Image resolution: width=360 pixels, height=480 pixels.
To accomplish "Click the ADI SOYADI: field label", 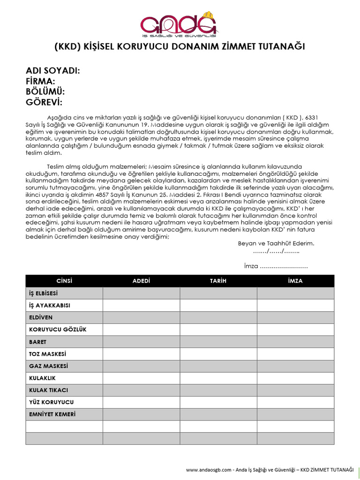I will point(52,71).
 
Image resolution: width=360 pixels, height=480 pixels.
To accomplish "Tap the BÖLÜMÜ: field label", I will point(45,92).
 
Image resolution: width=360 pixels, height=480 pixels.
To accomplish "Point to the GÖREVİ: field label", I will point(44,103).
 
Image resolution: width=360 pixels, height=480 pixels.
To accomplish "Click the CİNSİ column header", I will point(64,281).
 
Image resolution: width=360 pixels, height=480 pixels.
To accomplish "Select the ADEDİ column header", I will point(141,281).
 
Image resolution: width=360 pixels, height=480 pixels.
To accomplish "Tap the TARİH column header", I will point(218,281).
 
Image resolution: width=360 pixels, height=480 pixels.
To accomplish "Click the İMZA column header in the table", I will point(295,281).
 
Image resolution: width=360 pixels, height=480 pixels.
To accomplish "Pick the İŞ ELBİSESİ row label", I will point(44,293).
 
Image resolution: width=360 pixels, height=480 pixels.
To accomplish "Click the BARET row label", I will point(38,342).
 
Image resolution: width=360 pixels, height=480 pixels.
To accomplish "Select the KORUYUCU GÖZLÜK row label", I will point(58,330).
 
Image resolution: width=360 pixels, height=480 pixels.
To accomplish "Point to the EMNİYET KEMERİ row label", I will point(52,414).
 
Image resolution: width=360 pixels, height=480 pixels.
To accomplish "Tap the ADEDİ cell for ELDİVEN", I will point(141,317).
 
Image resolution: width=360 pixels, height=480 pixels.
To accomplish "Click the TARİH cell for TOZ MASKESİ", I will point(218,354).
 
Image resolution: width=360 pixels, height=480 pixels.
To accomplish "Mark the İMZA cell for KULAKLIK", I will point(295,378).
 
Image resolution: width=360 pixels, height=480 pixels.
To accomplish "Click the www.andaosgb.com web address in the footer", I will point(209,470).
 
